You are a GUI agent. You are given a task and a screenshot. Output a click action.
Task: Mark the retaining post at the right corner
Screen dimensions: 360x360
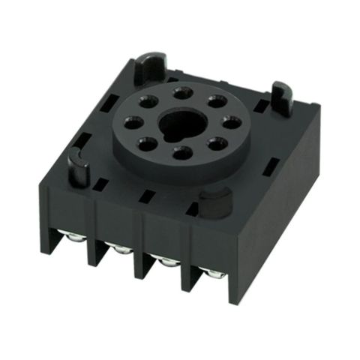(280, 98)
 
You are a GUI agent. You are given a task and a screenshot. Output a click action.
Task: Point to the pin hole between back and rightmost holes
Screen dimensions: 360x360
(217, 101)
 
